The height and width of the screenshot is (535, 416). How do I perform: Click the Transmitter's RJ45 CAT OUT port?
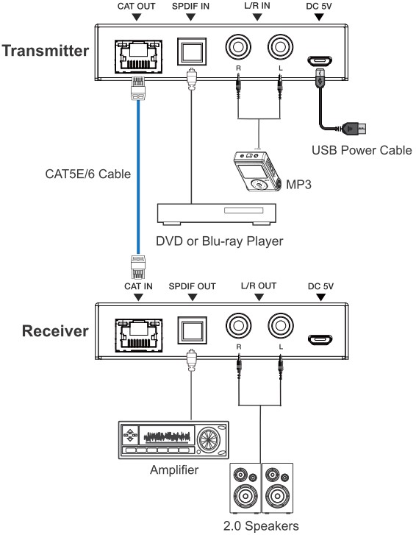coord(138,57)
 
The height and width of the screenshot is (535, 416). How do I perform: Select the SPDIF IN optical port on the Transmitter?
coord(192,52)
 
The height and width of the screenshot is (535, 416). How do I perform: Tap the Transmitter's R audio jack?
coord(238,47)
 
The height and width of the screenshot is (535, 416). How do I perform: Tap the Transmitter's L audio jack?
coord(280,47)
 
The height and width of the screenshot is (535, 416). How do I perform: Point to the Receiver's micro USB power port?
coord(320,340)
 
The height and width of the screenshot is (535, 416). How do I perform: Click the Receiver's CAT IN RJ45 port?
coord(138,336)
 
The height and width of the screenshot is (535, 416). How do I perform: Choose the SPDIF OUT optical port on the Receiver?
coord(192,330)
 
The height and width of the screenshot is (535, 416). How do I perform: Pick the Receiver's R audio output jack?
coord(238,325)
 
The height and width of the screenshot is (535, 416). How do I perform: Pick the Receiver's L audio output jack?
coord(280,325)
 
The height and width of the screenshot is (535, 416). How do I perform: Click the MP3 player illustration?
coord(257,171)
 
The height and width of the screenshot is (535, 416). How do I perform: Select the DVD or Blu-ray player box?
coord(216,214)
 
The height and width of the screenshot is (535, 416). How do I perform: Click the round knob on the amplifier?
coord(209,439)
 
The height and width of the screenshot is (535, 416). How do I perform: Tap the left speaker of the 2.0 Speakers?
coord(245,488)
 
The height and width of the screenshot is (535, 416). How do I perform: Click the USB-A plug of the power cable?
coord(354,129)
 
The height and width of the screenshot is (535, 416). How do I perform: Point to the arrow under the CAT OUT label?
coord(136,17)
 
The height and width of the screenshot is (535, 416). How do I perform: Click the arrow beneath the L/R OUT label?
coord(259,297)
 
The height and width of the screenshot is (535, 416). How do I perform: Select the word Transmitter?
coord(46,51)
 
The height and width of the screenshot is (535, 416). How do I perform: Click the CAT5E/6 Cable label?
coord(88,174)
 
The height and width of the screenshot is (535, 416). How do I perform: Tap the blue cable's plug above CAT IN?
coord(138,267)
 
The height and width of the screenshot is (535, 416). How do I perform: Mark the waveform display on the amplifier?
coord(167,436)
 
